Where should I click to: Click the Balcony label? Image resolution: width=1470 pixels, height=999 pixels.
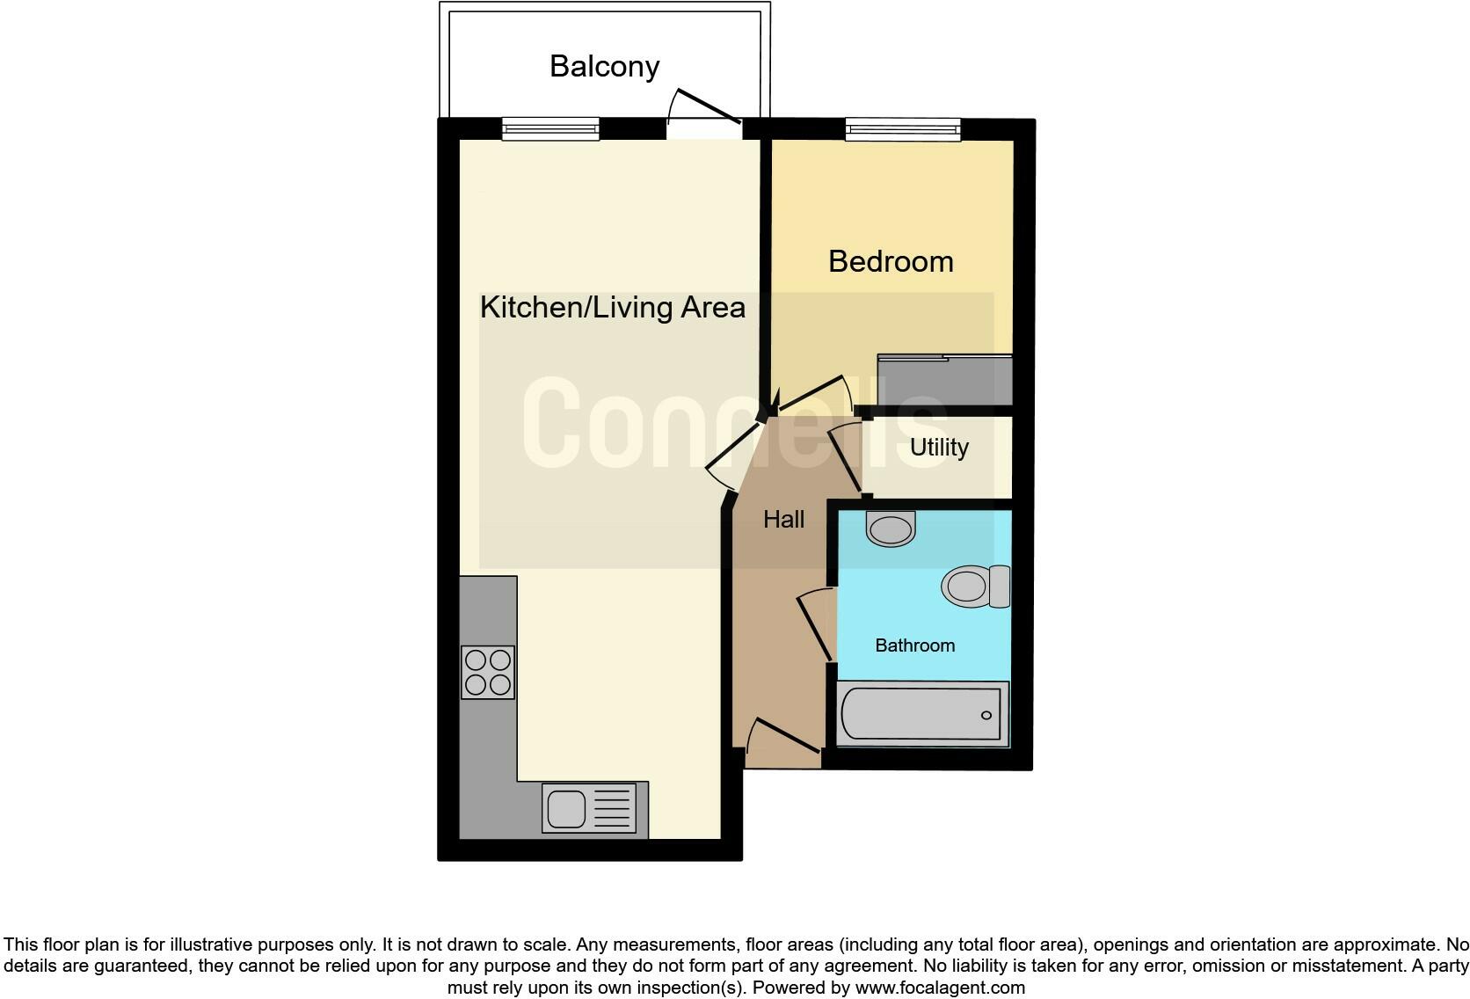point(604,67)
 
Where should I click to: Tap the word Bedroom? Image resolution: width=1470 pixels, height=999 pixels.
point(891,262)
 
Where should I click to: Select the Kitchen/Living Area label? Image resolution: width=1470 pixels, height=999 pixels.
point(613,308)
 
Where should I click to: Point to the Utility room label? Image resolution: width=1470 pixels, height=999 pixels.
point(939,448)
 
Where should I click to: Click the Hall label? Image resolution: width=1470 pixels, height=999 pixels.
point(783,520)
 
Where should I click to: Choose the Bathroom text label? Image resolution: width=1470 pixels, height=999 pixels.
point(914,645)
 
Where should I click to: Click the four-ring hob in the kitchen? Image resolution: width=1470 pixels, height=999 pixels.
point(488,672)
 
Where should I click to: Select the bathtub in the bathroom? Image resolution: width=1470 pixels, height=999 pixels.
point(921,714)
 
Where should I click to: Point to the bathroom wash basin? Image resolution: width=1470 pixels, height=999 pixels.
point(891,529)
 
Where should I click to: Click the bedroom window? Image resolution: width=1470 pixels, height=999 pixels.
point(903,130)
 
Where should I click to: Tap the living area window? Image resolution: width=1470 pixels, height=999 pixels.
point(550,130)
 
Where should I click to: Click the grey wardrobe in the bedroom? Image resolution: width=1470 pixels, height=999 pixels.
point(945,380)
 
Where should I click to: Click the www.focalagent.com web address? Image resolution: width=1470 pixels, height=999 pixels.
point(940,988)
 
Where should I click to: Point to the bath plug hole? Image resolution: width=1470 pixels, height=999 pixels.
point(986,715)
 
